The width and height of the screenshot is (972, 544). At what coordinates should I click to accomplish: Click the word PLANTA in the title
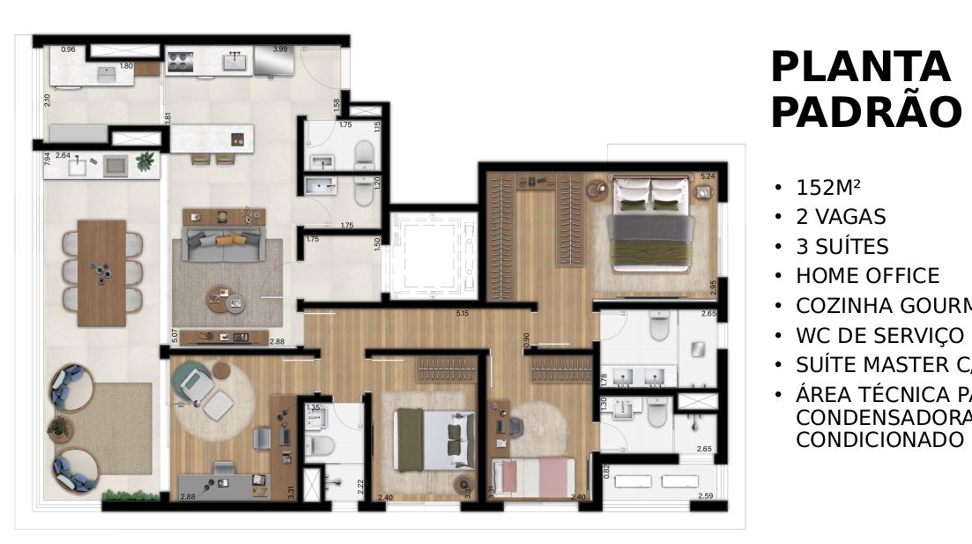(860, 68)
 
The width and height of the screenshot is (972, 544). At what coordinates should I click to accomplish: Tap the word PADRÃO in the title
(865, 113)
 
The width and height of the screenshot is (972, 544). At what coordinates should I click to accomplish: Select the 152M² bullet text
(827, 188)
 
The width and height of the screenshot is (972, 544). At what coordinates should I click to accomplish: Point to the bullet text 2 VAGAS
(841, 217)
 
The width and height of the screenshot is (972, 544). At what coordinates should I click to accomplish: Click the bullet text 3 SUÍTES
(842, 247)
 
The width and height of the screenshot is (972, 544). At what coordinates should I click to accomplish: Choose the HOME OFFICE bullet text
(867, 276)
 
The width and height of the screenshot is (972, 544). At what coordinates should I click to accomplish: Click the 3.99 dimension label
(280, 49)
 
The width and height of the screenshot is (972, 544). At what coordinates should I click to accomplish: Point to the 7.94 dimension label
(48, 160)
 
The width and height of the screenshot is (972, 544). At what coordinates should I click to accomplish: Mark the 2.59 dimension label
(705, 496)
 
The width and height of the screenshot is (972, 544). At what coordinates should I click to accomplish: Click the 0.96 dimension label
(68, 50)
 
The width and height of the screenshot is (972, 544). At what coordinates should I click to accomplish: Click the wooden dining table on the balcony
(102, 272)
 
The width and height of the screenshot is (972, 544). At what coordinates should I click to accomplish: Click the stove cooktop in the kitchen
(181, 61)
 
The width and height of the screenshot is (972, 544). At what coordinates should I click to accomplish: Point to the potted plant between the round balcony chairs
(60, 428)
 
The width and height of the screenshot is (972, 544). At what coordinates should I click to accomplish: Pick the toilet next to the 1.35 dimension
(318, 444)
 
